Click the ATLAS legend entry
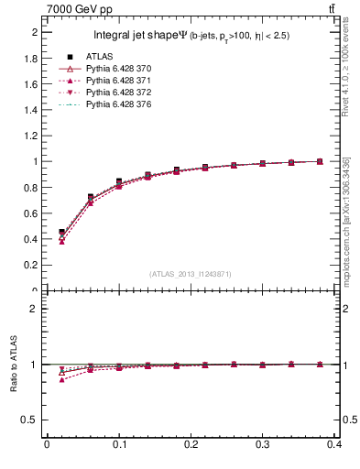tap(98, 57)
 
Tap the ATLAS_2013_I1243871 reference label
tap(191, 274)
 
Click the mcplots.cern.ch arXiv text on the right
tap(352, 211)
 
